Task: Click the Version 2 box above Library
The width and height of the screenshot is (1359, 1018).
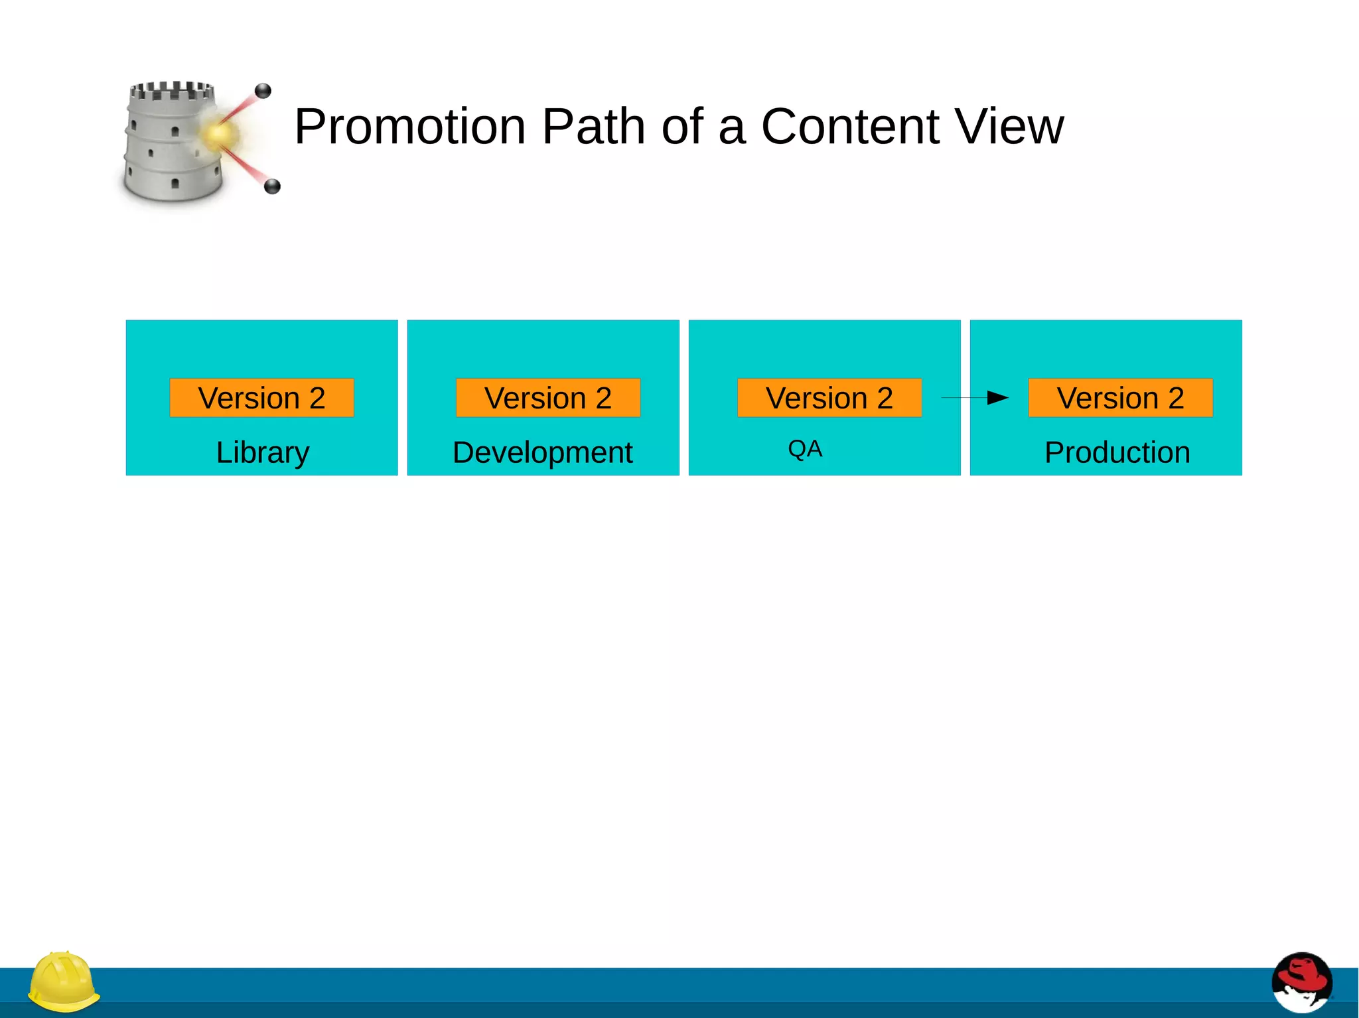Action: pos(261,398)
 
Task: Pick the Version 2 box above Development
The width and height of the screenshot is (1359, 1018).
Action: pos(548,398)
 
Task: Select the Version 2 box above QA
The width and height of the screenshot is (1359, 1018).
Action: pos(829,398)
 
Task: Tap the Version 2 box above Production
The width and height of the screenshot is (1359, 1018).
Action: pos(1120,398)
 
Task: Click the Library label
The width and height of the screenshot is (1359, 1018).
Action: pos(263,453)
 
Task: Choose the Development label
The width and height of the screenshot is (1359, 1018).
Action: pos(543,453)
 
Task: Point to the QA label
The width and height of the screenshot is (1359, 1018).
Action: pos(805,450)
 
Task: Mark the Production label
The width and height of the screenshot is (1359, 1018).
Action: pos(1117,453)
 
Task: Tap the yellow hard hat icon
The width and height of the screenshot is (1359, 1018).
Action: pos(64,983)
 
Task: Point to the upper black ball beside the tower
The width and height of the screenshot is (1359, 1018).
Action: pos(263,91)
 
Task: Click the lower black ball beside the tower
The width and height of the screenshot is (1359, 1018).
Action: pos(272,186)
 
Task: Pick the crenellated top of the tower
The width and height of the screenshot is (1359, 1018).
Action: pos(171,90)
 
